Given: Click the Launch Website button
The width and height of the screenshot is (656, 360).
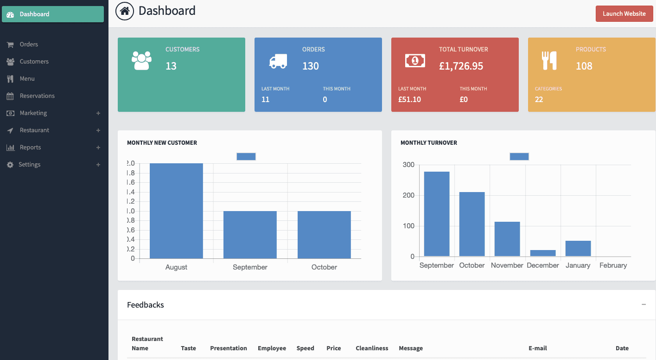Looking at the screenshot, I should tap(624, 14).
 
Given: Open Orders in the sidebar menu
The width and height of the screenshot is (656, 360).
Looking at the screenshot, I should tap(29, 45).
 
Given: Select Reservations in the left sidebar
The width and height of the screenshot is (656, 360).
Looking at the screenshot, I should tap(37, 96).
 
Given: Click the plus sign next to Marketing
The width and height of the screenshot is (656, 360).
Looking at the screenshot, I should tap(98, 113).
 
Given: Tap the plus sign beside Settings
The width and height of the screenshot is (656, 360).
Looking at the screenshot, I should tap(98, 165).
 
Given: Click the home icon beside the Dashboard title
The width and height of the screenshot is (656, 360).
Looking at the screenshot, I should tap(124, 11).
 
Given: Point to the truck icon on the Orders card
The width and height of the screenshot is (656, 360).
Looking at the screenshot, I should tap(278, 61).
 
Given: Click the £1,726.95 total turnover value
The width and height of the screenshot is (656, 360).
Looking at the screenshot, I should tap(461, 66).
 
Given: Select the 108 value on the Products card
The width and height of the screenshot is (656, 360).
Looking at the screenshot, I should tap(584, 66).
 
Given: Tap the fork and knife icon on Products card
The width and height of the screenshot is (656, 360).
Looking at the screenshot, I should tap(549, 61).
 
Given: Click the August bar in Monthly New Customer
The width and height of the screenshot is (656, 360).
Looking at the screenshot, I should tap(176, 211).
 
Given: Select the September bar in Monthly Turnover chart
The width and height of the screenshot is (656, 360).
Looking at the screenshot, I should tap(437, 214).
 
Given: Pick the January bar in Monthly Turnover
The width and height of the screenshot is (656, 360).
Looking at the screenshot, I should tap(578, 249).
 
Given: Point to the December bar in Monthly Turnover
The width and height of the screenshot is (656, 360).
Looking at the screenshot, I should tap(543, 253).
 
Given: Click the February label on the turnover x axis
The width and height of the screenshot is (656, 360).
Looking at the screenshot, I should tap(613, 265).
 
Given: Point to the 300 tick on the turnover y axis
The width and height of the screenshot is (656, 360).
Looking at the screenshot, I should tap(408, 165).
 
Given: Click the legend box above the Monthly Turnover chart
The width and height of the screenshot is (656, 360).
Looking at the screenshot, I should tap(519, 156).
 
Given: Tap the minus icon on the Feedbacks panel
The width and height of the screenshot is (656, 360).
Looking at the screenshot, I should tap(643, 304).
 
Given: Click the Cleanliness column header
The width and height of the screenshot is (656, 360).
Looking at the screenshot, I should tap(372, 348).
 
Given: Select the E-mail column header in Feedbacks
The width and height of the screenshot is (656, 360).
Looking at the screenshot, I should tap(537, 348).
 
